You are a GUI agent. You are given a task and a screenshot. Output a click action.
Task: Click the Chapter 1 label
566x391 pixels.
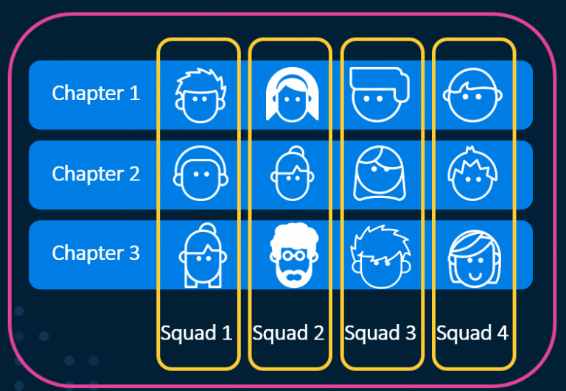[96, 94]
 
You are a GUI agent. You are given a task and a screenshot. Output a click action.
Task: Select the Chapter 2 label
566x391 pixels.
[96, 174]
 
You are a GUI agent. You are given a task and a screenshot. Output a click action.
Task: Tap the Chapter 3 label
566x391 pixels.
[96, 253]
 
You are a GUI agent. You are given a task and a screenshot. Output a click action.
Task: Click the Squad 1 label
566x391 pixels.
[197, 333]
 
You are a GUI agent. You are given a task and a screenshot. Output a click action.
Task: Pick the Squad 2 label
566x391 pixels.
[288, 333]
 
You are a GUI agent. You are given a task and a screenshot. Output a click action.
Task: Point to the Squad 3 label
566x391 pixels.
[380, 333]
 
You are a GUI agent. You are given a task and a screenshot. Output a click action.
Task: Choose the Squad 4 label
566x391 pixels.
[472, 333]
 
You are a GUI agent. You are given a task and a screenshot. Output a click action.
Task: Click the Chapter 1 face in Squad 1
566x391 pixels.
[198, 95]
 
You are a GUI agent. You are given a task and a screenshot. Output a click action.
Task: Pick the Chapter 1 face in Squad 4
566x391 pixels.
[472, 95]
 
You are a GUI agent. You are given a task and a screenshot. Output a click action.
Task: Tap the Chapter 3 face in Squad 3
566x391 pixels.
[380, 256]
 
